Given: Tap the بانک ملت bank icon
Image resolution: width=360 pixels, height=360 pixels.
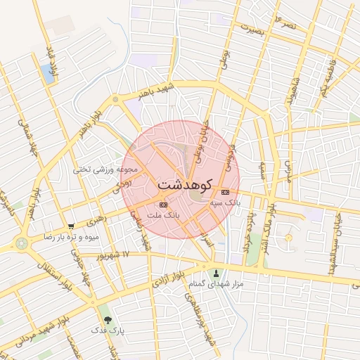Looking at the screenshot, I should pos(163,204).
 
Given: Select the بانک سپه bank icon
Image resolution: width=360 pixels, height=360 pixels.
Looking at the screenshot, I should pos(225,192).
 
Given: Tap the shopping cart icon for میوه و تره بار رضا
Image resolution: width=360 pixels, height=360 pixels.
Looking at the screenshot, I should pos(72,226).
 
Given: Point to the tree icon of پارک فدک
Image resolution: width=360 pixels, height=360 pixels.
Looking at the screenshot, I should pos(107,319).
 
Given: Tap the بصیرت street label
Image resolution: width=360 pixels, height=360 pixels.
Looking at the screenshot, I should pos(255,30).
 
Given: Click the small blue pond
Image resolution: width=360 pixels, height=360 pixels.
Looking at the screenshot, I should pos(48,72).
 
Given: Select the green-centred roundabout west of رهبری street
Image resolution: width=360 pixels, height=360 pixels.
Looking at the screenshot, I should pos(21,244).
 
